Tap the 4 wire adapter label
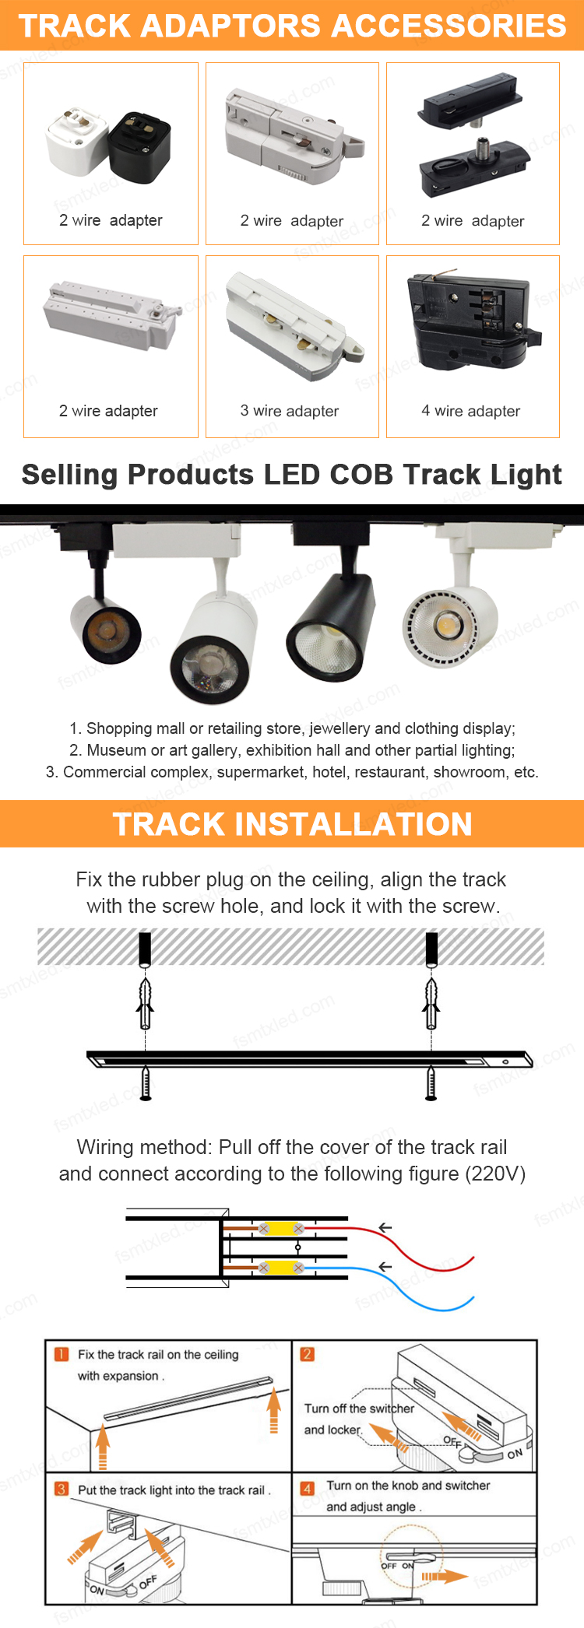coord(471,411)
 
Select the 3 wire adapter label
coord(290,411)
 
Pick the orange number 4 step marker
coord(308,1489)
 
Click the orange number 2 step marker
coord(308,1355)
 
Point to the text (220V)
coord(495,1174)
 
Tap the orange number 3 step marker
coord(62,1489)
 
